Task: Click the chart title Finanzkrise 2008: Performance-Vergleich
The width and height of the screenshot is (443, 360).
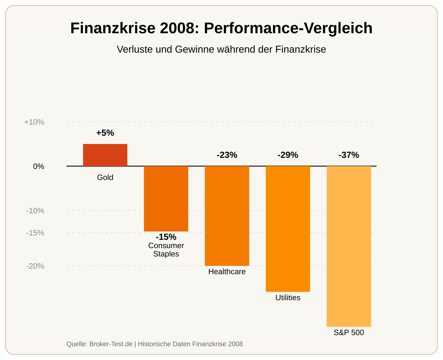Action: [x=221, y=28]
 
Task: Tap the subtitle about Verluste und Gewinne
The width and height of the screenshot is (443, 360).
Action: [x=221, y=49]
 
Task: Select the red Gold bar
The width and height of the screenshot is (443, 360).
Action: [x=105, y=155]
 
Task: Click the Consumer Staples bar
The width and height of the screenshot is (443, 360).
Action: [x=166, y=199]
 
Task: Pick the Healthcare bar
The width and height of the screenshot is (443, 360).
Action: [x=227, y=216]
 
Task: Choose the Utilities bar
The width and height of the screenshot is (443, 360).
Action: [x=288, y=229]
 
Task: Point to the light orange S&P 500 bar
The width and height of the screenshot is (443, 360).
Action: [x=349, y=246]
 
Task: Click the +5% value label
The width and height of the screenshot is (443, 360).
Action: [x=105, y=133]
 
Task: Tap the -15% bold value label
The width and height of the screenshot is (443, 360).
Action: [x=166, y=237]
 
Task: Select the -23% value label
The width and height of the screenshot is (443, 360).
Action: [x=227, y=155]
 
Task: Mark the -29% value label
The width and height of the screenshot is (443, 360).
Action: [x=288, y=155]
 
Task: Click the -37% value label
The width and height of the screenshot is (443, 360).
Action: [x=349, y=155]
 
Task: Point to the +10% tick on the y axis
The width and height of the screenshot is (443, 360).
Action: [x=34, y=122]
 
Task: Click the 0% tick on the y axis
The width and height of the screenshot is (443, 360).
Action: [x=39, y=167]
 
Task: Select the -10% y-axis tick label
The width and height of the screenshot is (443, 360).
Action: [x=35, y=211]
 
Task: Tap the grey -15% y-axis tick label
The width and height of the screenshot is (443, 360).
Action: [x=35, y=233]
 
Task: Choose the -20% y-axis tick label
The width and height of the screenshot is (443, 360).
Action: [x=35, y=266]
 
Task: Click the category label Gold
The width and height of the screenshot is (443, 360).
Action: [x=105, y=178]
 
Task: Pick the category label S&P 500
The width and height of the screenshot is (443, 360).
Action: [x=349, y=333]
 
